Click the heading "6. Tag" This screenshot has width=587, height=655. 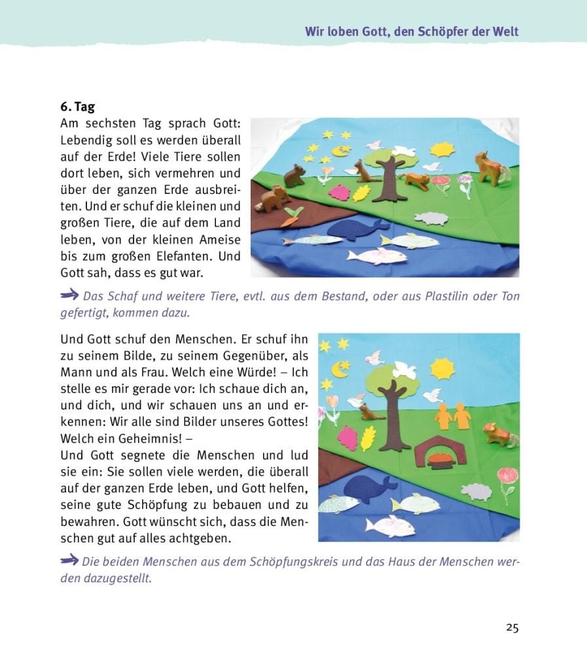point(77,107)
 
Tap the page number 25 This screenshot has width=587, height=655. point(512,627)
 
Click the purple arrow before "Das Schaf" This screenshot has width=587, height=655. point(70,295)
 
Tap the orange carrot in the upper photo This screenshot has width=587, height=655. point(290,217)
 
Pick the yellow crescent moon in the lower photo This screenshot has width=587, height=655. point(340,369)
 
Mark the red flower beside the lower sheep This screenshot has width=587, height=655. point(507,478)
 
